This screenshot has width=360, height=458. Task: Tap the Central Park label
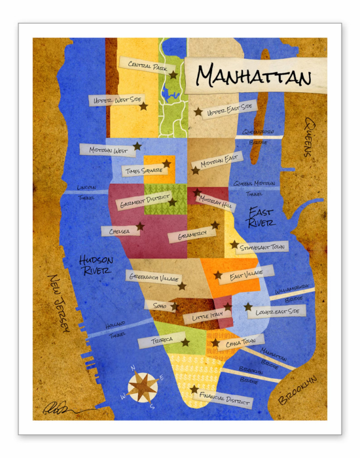(144, 65)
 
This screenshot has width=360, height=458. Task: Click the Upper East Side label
(229, 109)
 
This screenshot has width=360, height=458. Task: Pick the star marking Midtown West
(137, 146)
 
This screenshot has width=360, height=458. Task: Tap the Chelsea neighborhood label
(119, 230)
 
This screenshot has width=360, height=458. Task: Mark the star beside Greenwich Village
(182, 286)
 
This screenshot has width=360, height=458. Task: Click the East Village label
(245, 273)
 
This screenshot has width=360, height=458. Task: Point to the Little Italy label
(207, 316)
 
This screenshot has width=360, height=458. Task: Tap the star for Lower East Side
(248, 306)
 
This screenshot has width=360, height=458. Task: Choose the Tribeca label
(157, 341)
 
